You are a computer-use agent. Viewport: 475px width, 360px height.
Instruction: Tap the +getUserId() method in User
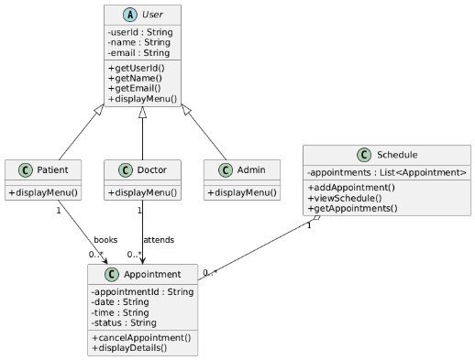[x=137, y=69]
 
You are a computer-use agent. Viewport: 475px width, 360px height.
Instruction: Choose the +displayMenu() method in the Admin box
[x=242, y=192]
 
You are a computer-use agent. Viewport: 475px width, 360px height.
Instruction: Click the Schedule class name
[x=397, y=154]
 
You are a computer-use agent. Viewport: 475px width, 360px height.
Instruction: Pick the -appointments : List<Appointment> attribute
[x=387, y=172]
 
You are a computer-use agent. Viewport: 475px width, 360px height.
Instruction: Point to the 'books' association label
[x=105, y=240]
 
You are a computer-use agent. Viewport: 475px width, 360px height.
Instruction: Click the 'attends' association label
[x=159, y=240]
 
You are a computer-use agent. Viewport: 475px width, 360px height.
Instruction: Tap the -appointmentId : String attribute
[x=142, y=292]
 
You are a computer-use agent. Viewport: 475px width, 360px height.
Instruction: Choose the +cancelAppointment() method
[x=141, y=338]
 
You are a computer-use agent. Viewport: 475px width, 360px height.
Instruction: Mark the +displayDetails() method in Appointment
[x=129, y=348]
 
